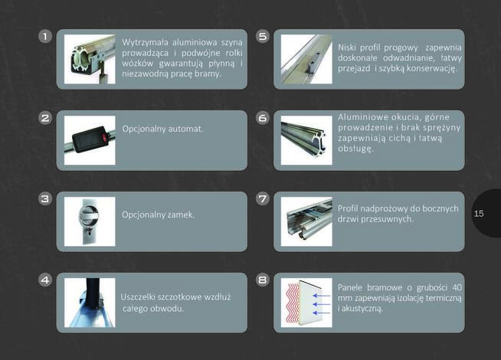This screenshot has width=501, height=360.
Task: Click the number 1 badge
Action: click(x=45, y=37)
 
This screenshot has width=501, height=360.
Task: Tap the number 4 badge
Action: click(x=45, y=280)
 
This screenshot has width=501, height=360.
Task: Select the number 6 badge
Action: click(x=262, y=118)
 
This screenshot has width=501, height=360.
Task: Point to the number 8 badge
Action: click(x=262, y=280)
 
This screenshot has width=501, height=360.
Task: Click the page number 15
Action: click(x=479, y=214)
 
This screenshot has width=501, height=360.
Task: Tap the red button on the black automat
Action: click(x=104, y=138)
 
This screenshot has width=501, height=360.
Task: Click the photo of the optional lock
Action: click(x=90, y=221)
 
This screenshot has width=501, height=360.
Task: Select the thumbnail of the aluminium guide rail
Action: click(x=90, y=59)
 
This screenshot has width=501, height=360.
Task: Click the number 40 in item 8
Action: click(x=457, y=287)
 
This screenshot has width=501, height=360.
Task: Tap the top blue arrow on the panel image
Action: click(x=322, y=296)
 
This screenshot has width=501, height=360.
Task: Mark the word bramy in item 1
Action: click(x=211, y=74)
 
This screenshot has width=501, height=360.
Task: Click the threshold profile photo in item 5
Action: click(x=306, y=59)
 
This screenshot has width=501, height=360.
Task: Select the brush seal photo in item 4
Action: click(x=90, y=303)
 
